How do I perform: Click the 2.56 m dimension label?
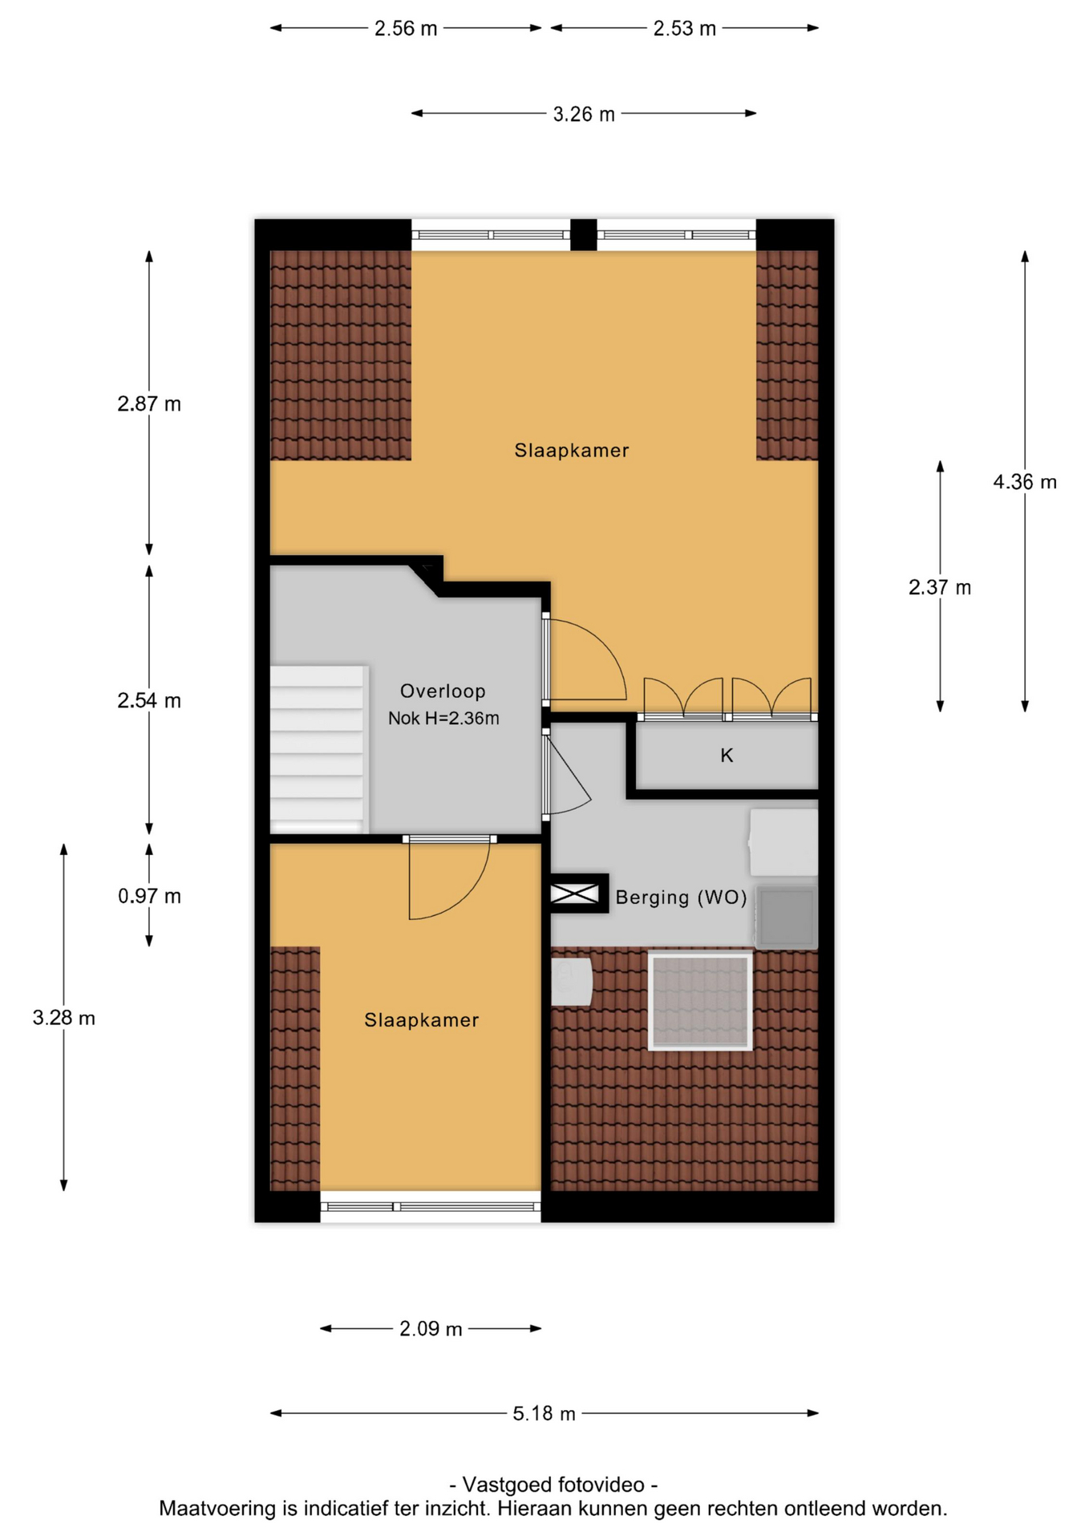click(406, 29)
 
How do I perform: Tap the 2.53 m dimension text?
click(684, 29)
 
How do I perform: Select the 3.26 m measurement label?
click(584, 115)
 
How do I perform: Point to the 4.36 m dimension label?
click(1025, 482)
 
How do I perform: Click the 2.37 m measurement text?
click(940, 588)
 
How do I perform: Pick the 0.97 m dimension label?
click(149, 896)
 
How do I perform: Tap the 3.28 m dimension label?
click(63, 1019)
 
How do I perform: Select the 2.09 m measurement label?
click(431, 1329)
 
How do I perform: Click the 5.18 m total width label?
click(544, 1413)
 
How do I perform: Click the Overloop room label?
click(443, 691)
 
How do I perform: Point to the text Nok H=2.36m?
click(443, 719)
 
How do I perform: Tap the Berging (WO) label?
click(681, 898)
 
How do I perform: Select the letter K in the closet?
click(727, 756)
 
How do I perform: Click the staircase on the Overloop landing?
click(319, 749)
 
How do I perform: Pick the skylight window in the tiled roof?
click(700, 1001)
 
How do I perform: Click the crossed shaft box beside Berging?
click(575, 894)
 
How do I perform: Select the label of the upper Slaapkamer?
click(572, 451)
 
